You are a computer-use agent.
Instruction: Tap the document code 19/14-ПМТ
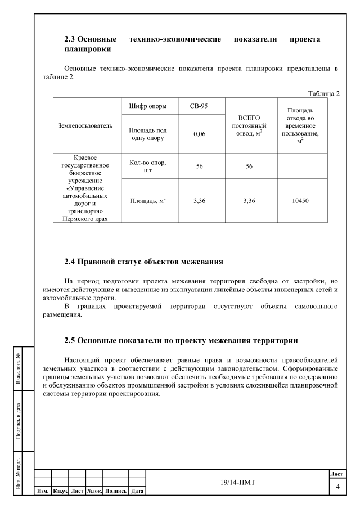[x=236, y=481]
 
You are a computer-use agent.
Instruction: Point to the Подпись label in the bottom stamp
[x=115, y=491]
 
